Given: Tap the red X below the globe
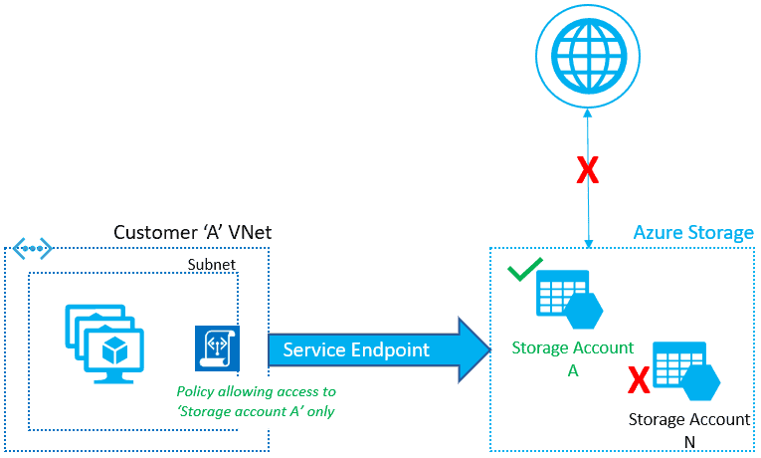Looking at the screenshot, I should tap(588, 171).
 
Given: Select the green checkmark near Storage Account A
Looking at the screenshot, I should tap(524, 270).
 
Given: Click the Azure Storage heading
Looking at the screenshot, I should tap(693, 233).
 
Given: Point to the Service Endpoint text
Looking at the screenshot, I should tap(355, 350).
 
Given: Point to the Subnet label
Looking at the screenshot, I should tap(210, 265).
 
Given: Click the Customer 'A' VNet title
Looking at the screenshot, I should tap(192, 233).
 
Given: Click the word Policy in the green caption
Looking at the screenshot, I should tap(197, 392).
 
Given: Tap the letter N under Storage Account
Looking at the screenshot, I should tap(689, 439).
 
